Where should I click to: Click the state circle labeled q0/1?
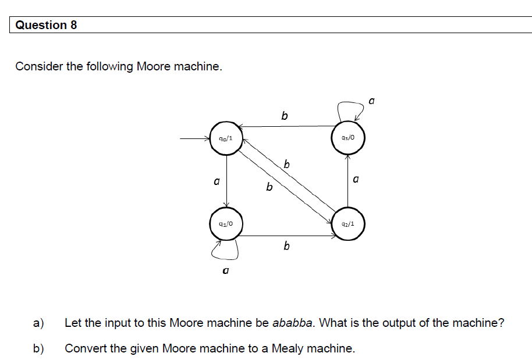(226, 139)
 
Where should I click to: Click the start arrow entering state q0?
(194, 139)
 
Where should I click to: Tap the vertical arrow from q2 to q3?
(348, 180)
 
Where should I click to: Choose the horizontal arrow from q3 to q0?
(288, 126)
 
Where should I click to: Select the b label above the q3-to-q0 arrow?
(284, 116)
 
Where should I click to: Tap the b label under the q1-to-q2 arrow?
(286, 247)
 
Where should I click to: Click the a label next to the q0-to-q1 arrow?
(216, 182)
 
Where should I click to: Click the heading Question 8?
(46, 25)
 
